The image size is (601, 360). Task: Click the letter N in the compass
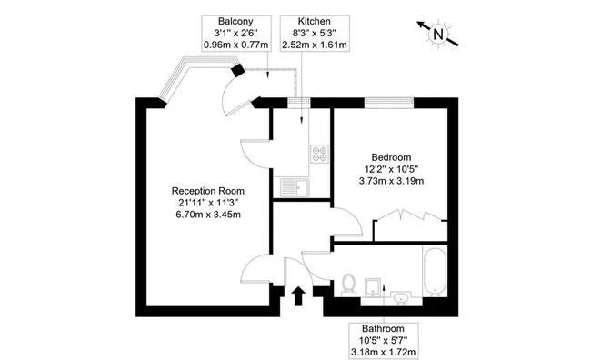pos(437,35)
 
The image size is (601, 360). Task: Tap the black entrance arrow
pos(298,296)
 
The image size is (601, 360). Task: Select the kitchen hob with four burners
pos(319,154)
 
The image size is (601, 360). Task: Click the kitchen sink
pos(295,187)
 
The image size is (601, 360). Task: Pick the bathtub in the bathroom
pos(435,272)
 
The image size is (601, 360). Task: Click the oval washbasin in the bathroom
pos(401,297)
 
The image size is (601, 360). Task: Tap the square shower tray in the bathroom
pos(374,288)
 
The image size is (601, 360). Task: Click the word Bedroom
pos(391,157)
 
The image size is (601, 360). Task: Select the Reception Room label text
pos(208,191)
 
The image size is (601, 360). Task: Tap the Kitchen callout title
pos(315,21)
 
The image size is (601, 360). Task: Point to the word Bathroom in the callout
pos(384,328)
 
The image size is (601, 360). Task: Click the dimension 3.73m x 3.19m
pos(391,181)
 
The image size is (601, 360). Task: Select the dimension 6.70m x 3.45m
pos(208,215)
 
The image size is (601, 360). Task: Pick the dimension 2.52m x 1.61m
pos(315,45)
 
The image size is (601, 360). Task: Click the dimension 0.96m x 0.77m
pos(235,45)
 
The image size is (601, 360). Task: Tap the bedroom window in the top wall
pos(389,101)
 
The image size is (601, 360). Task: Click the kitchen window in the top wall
pos(299,101)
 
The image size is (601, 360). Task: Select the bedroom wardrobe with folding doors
pos(410,226)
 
